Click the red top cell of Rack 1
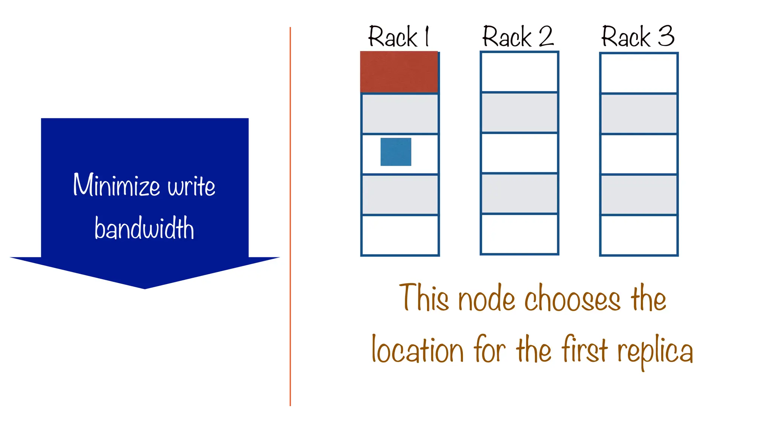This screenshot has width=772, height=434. [399, 72]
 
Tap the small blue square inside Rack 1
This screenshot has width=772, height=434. [395, 152]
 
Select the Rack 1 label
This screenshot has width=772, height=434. [398, 37]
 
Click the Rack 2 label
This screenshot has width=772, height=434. [518, 37]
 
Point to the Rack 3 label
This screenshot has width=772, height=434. [637, 37]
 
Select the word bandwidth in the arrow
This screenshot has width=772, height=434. [144, 228]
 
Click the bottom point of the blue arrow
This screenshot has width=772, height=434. [145, 287]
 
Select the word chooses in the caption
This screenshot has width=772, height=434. [572, 298]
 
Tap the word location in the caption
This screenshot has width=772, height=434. [417, 350]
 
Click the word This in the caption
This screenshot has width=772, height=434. [424, 298]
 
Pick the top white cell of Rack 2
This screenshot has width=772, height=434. [519, 72]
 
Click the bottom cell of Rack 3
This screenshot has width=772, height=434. [639, 235]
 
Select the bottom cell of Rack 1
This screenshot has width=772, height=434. [400, 235]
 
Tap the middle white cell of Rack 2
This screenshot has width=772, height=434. [519, 153]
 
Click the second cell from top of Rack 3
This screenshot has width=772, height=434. [639, 113]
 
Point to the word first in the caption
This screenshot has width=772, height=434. [584, 349]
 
